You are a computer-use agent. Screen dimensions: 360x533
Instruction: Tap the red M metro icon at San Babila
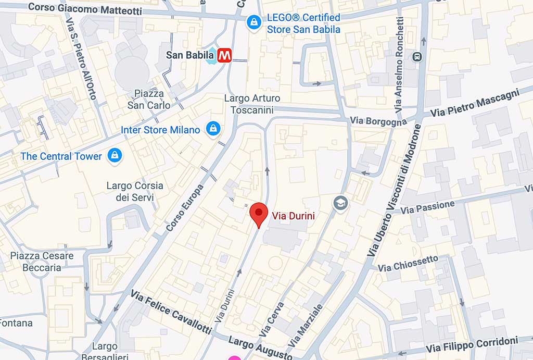(225, 55)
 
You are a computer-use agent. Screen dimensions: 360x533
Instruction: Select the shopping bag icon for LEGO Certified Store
(253, 22)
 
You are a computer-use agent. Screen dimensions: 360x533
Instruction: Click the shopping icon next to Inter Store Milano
(212, 129)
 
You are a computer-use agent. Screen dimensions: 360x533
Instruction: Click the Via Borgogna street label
(378, 121)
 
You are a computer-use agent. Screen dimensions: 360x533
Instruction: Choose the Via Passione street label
(428, 207)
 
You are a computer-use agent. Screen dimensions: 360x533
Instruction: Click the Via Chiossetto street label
(408, 264)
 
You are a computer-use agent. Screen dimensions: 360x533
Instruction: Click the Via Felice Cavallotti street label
(171, 313)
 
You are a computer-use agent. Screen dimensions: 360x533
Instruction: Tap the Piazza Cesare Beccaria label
(42, 262)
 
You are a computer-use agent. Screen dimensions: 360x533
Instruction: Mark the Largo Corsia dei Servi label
(135, 191)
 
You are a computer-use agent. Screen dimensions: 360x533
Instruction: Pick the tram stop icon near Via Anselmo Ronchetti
(416, 56)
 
